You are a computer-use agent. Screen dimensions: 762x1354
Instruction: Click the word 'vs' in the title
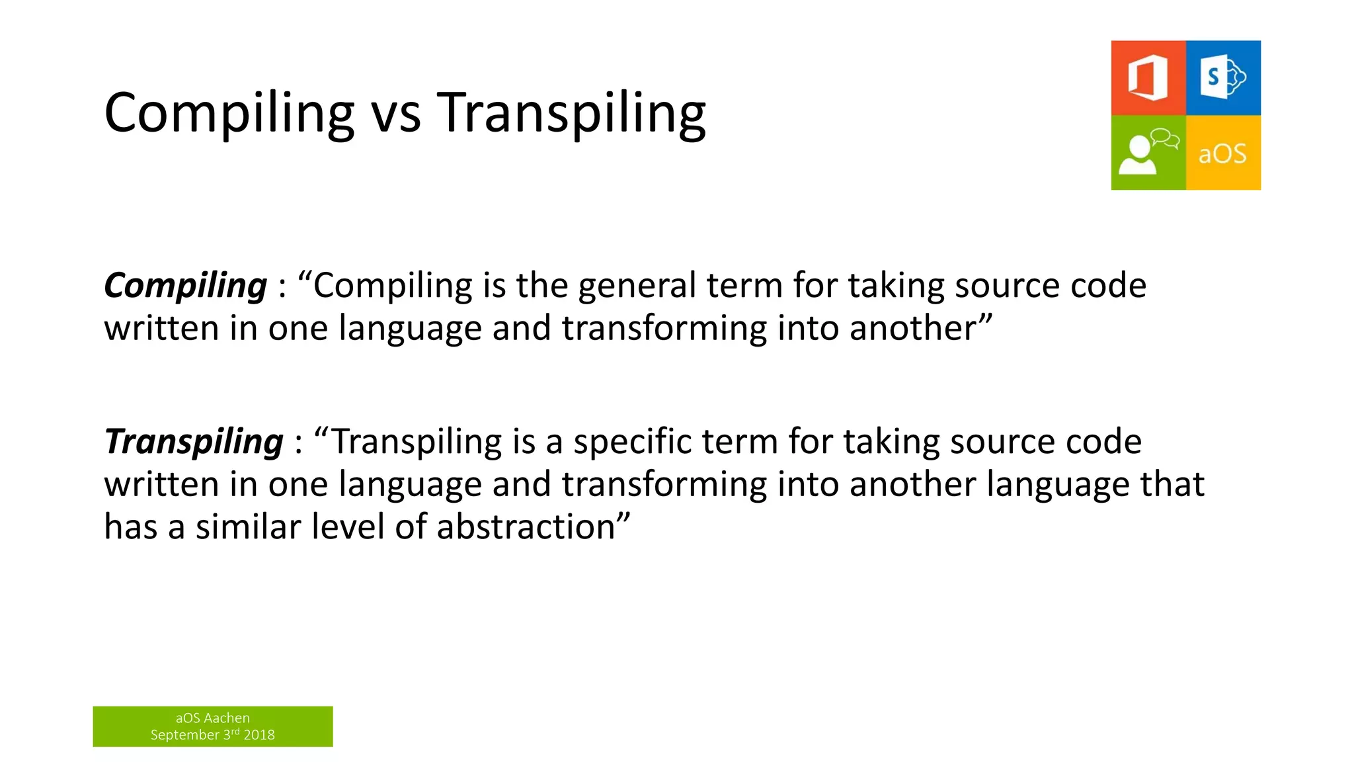point(395,114)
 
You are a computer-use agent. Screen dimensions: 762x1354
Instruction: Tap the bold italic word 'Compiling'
point(185,286)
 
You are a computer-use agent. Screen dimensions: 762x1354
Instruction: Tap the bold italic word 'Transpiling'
point(194,442)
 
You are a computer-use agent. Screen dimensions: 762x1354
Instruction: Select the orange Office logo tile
point(1148,78)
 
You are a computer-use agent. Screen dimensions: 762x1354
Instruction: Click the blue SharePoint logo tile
point(1223,78)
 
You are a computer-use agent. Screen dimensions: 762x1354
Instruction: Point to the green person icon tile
point(1148,153)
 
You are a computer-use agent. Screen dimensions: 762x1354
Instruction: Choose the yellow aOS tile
point(1223,153)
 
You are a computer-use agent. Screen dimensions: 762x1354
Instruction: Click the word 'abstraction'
point(526,527)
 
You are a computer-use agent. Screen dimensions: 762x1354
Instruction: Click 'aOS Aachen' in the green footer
point(212,718)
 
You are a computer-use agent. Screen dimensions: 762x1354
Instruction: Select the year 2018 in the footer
point(259,735)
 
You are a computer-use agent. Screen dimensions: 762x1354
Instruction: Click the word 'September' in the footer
point(184,735)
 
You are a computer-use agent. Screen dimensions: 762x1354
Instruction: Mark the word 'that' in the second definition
point(1172,484)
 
